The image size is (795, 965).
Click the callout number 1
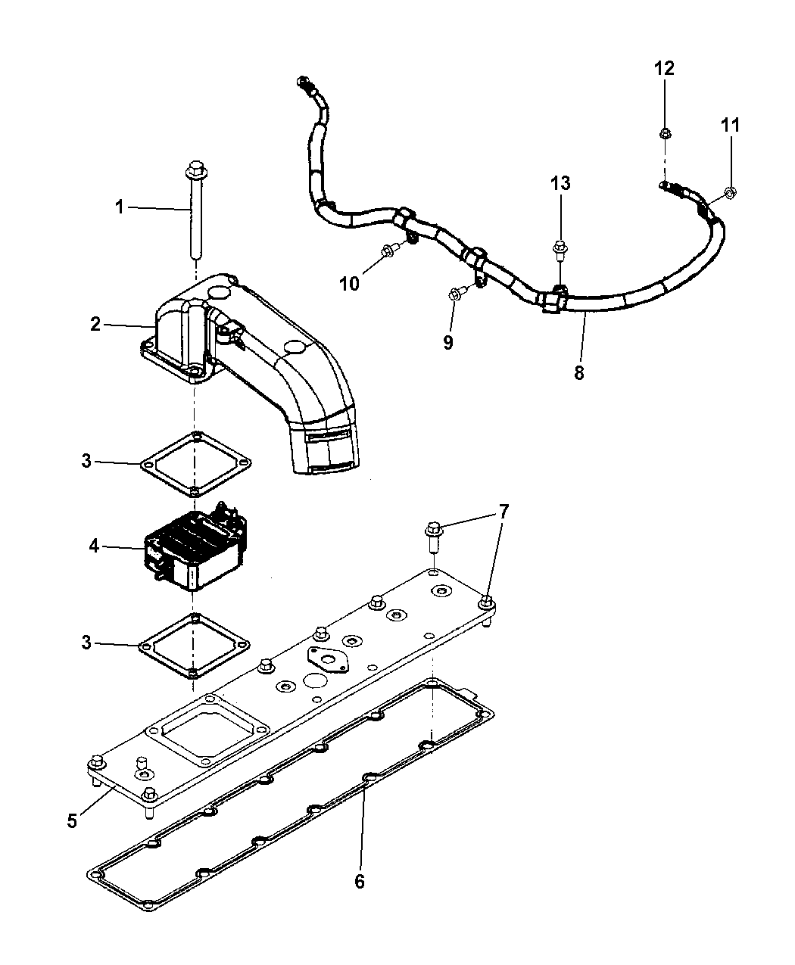[119, 206]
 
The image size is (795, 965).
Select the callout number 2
[95, 324]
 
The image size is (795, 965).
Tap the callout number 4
[94, 545]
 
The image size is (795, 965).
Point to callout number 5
[72, 820]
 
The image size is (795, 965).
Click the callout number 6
[359, 881]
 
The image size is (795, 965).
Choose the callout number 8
[579, 373]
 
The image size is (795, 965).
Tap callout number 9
[448, 343]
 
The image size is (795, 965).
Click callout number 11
[729, 126]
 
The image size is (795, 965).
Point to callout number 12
[664, 68]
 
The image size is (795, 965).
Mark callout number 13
[560, 183]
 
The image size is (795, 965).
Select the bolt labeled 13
[560, 247]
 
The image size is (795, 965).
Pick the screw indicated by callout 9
[454, 293]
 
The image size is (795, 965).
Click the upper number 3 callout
[86, 460]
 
